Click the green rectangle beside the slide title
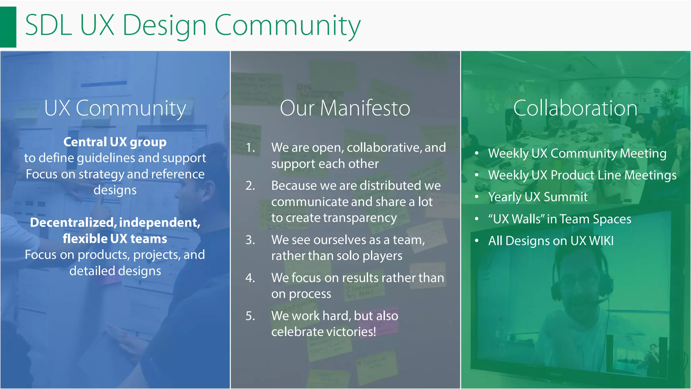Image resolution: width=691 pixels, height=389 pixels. pos(8,27)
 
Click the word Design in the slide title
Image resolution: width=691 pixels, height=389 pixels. pos(164,26)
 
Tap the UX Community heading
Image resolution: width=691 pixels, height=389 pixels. pos(115,108)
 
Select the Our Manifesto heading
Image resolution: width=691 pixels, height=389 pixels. pos(345,108)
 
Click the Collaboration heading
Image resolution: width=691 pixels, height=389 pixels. pos(575,108)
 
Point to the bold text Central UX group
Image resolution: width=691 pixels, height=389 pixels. pos(115,142)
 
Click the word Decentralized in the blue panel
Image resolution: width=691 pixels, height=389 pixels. pos(73,223)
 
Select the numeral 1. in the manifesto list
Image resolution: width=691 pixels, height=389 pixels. pos(250,148)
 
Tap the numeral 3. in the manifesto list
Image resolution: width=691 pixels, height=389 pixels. pos(250,240)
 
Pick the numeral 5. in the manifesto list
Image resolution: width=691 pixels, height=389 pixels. pos(250,316)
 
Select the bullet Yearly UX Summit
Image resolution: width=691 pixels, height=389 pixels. pos(538,197)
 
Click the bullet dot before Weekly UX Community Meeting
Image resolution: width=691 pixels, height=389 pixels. pos(476,153)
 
